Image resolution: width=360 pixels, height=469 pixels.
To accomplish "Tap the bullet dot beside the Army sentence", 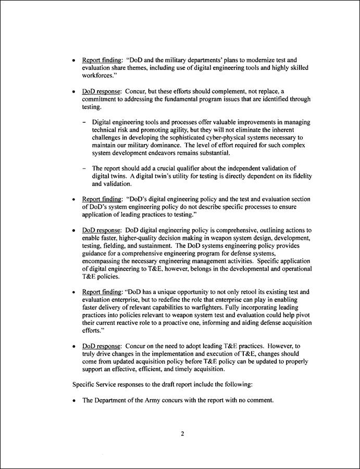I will click(75, 401).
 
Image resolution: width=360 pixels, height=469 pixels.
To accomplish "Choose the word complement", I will click(205, 91).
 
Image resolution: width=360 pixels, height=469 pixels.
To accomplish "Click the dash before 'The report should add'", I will click(84, 168).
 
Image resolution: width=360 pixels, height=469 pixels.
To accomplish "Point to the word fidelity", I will click(300, 176).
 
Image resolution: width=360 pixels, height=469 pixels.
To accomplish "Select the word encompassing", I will click(103, 261).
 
